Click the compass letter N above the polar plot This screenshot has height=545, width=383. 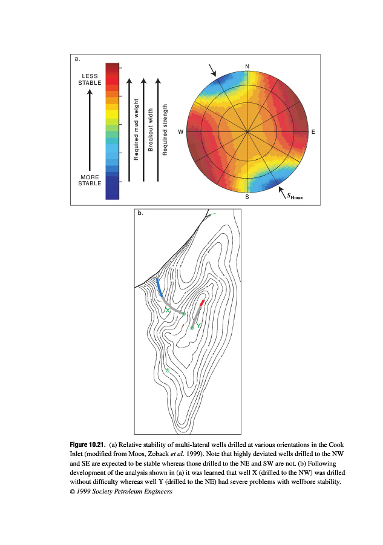click(247, 65)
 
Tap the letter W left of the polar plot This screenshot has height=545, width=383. click(180, 131)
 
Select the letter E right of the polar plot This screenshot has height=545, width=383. click(313, 131)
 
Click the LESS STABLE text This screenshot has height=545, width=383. click(90, 79)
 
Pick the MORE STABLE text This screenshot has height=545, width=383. click(90, 180)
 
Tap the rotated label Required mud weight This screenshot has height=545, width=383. click(137, 130)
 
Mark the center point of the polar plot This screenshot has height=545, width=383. click(247, 131)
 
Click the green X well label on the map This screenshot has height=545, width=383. click(168, 310)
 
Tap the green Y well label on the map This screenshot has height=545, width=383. click(198, 326)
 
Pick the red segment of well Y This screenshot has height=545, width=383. click(202, 302)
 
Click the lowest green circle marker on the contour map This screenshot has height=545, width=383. click(167, 370)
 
